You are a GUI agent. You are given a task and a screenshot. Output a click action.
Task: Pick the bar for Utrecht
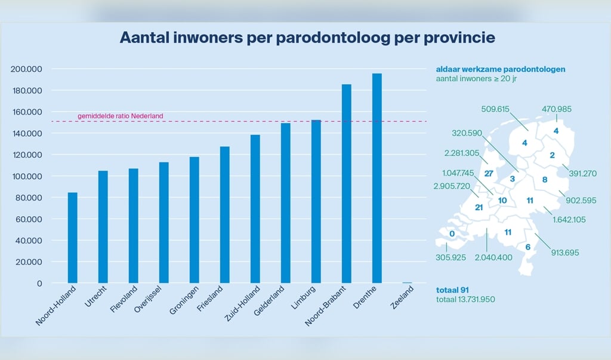pos(103,227)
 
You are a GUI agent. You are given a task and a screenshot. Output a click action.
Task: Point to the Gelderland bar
pos(286,203)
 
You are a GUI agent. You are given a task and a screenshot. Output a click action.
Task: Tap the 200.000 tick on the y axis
pos(27,69)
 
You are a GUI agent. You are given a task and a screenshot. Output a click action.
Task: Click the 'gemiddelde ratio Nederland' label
pos(120,116)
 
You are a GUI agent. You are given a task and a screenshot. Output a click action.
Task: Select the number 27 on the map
pos(489,174)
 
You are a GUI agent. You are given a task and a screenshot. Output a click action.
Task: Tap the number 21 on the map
pos(479,207)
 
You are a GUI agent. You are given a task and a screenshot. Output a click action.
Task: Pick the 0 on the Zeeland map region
pos(452,234)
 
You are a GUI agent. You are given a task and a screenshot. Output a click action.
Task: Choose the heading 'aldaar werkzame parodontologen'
pos(500,69)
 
